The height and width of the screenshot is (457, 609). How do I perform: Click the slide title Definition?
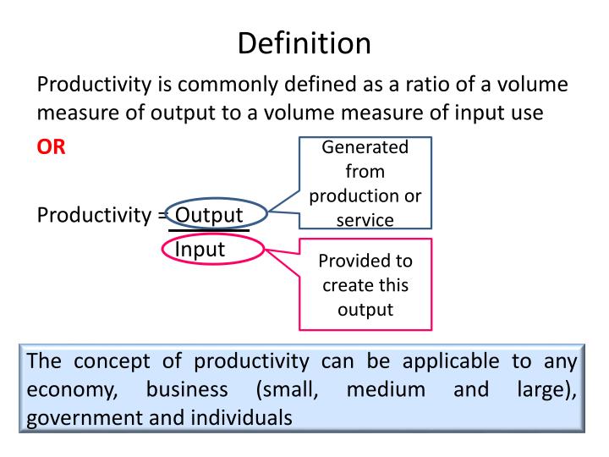pyautogui.click(x=304, y=42)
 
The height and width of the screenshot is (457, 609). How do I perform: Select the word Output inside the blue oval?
pyautogui.click(x=209, y=214)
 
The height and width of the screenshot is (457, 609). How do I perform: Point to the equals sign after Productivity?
pyautogui.click(x=162, y=214)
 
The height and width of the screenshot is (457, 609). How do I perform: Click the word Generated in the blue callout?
pyautogui.click(x=365, y=147)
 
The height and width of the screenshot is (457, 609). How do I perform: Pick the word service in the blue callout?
pyautogui.click(x=365, y=220)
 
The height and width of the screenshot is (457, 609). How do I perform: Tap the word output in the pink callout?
pyautogui.click(x=365, y=309)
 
